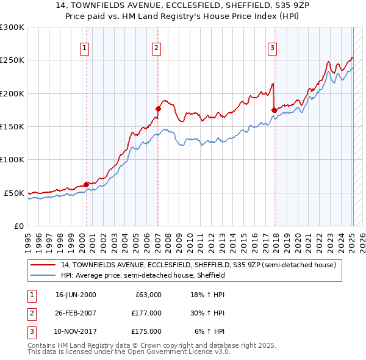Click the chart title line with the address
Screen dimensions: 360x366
click(x=182, y=7)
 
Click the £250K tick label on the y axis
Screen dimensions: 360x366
click(x=12, y=60)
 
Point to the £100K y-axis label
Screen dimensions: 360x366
click(x=12, y=160)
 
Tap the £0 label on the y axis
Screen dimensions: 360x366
click(x=19, y=226)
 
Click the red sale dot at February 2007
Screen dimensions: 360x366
click(x=158, y=109)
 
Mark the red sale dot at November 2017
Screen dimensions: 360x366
click(x=274, y=110)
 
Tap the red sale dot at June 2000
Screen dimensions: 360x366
click(x=87, y=184)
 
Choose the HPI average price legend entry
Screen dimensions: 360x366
click(x=143, y=275)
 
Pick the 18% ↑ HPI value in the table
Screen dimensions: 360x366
click(x=208, y=295)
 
